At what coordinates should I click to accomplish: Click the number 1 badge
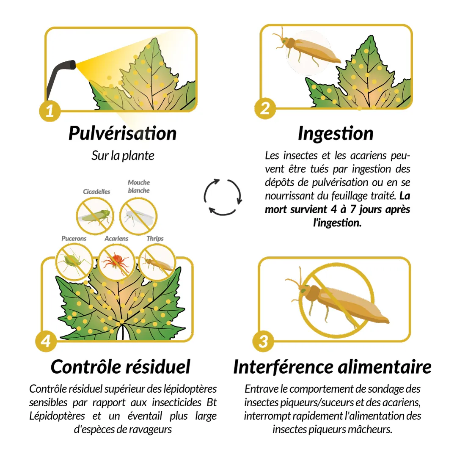pos(50,111)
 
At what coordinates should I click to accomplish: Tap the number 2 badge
pos(265,108)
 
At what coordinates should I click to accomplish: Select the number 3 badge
pos(263,341)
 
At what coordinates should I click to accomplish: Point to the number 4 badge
pos(46,341)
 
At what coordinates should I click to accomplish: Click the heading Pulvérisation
pos(122,133)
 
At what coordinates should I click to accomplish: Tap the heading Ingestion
pos(336,134)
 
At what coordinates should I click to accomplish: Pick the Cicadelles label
pos(96,192)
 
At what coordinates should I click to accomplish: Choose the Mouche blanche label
pos(139,186)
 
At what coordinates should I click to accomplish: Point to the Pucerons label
pos(74,238)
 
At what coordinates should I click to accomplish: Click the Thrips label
pos(155,238)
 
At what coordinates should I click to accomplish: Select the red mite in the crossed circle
pos(116,262)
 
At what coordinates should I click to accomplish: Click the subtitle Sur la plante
pos(123,156)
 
